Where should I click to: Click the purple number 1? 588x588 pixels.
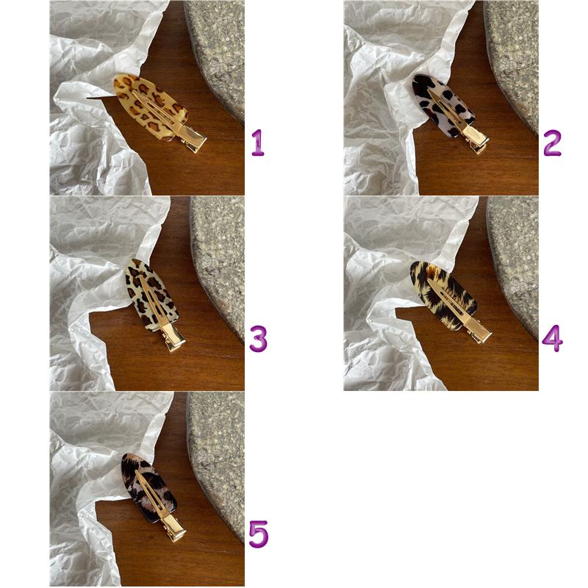[x=258, y=143]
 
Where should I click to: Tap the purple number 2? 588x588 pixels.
[x=552, y=143]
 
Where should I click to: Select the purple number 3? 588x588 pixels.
[x=258, y=339]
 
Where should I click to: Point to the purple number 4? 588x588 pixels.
[x=552, y=339]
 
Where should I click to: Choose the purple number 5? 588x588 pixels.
[x=259, y=534]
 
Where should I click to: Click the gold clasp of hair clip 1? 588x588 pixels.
[x=192, y=137]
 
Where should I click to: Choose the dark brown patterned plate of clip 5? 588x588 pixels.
[x=149, y=487]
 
